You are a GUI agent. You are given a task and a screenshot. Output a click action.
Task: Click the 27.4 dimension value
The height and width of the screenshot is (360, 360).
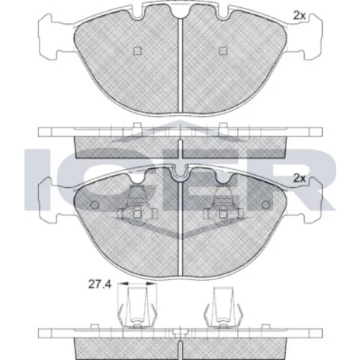[99, 284]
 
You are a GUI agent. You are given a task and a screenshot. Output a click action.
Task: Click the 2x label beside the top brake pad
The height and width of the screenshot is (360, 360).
[300, 16]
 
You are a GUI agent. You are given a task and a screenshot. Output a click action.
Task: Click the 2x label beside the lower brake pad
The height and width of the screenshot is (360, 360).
[300, 179]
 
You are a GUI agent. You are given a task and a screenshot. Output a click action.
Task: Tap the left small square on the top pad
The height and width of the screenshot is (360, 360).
[138, 50]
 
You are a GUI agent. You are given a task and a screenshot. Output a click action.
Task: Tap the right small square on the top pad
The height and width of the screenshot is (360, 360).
[223, 50]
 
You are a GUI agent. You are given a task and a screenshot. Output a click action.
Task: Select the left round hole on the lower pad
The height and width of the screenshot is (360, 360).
[95, 204]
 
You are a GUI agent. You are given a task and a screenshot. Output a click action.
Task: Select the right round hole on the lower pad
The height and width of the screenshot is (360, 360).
[266, 204]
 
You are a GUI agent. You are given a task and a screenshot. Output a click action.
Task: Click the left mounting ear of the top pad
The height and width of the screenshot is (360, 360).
[48, 37]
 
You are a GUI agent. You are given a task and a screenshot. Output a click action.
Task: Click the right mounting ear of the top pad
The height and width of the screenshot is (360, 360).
[312, 37]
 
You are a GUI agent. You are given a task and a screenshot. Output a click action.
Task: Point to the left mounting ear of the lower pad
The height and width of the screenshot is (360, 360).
[48, 200]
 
